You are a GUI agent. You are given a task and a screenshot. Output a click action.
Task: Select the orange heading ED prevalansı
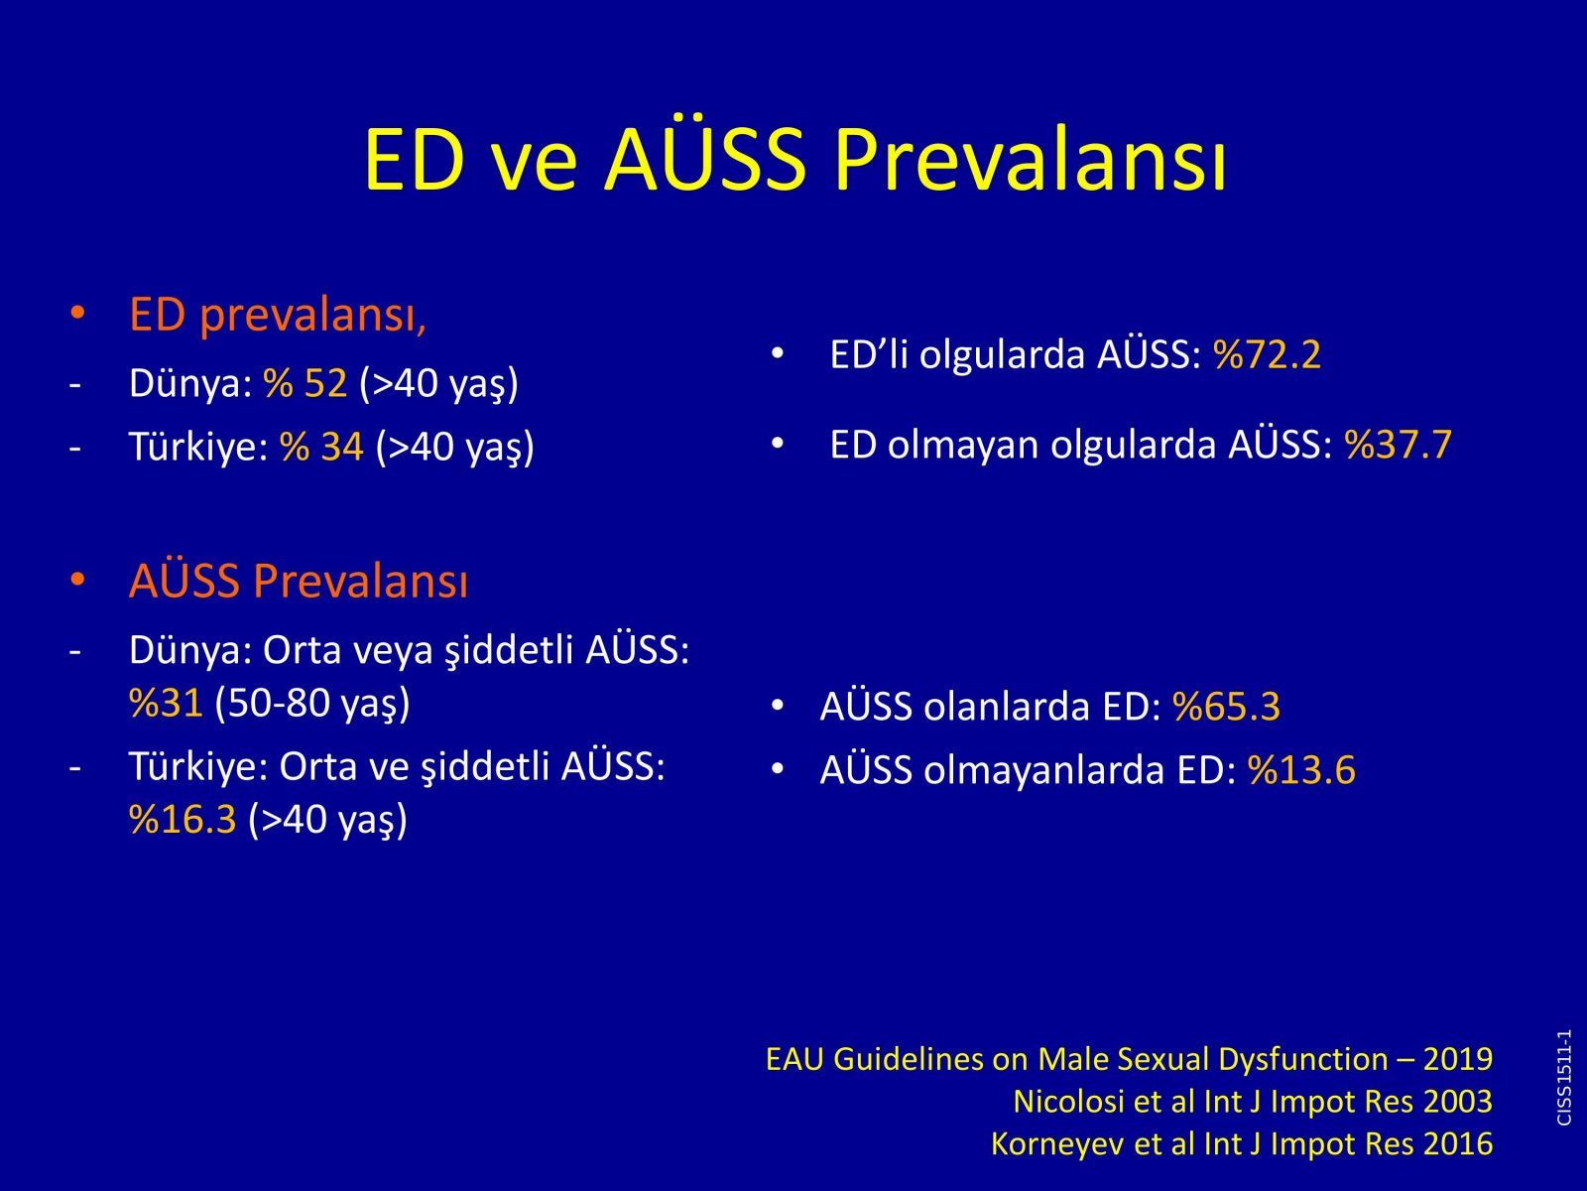[x=278, y=316]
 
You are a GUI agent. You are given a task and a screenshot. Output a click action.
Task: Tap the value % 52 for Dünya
[x=305, y=382]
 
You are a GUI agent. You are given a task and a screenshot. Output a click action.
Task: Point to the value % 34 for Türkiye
[x=321, y=446]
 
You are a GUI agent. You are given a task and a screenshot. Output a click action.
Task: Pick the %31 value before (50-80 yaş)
[x=167, y=703]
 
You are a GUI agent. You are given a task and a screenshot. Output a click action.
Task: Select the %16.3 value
[x=183, y=820]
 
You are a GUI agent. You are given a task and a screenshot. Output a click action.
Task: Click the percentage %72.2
[x=1268, y=355]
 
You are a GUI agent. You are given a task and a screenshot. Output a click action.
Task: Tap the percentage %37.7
[x=1399, y=444]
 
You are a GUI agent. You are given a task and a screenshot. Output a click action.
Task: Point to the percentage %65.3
[x=1226, y=707]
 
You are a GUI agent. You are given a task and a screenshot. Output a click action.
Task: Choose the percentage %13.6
[x=1301, y=769]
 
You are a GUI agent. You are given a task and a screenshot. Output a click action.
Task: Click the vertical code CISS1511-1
[x=1564, y=1078]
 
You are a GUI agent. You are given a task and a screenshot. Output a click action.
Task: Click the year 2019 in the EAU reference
[x=1458, y=1059]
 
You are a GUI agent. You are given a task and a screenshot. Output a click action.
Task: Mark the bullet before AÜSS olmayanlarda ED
[x=778, y=769]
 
